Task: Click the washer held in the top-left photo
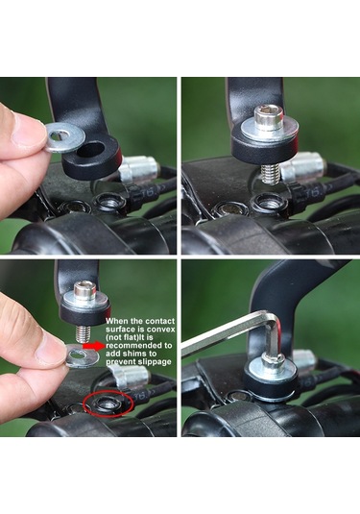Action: [65, 137]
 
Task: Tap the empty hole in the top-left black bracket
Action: [90, 149]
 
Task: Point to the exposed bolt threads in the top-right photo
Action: [271, 175]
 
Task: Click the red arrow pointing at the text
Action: [94, 346]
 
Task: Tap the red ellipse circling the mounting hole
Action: [108, 404]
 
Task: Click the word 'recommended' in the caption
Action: [134, 346]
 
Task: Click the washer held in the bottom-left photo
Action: [83, 356]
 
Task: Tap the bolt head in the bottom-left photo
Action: [85, 290]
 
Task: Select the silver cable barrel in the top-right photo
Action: [302, 166]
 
